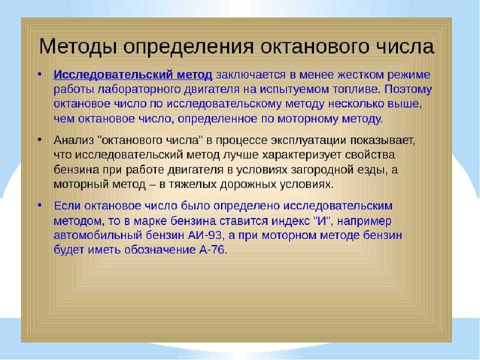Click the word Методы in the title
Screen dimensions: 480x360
(78, 47)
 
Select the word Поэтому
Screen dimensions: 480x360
(408, 89)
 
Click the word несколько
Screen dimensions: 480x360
(356, 104)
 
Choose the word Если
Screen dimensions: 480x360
(67, 205)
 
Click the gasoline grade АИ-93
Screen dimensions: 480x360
(203, 235)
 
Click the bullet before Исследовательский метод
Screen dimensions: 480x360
(39, 74)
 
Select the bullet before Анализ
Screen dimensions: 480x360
(39, 140)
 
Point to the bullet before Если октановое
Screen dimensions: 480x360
(39, 205)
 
